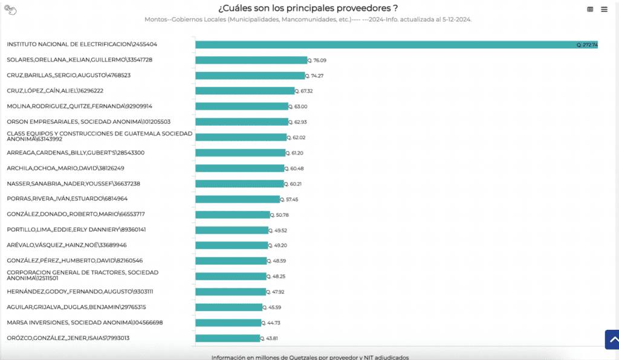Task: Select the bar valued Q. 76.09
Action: click(251, 60)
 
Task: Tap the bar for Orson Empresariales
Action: click(242, 122)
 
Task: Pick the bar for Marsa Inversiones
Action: click(228, 323)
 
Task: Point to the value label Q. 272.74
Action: click(587, 45)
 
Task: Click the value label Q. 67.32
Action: click(305, 91)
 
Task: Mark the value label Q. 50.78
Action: click(280, 214)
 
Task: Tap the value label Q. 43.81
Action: click(270, 338)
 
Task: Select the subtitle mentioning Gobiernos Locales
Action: click(308, 19)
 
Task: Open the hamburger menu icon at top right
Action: click(604, 9)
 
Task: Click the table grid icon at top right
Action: click(590, 9)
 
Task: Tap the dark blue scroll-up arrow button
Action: click(612, 339)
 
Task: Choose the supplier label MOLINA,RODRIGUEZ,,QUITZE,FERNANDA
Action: click(79, 106)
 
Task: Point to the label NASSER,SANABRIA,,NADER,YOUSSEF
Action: click(73, 184)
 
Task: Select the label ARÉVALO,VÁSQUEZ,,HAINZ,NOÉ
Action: click(66, 245)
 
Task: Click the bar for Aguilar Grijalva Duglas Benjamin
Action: click(228, 307)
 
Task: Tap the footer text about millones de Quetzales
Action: click(309, 357)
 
